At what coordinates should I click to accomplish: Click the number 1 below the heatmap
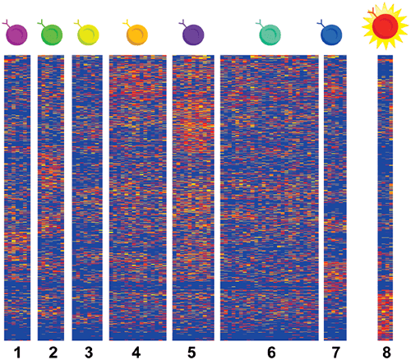pos(16,352)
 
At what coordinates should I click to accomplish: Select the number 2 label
pos(53,352)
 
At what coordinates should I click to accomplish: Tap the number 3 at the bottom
pos(87,352)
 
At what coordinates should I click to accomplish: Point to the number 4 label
pos(136,352)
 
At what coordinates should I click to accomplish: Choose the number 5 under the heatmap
pos(192,352)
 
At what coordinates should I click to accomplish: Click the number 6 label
pos(270,352)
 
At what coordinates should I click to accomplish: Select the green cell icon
pos(51,35)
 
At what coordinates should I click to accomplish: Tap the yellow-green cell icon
pos(86,35)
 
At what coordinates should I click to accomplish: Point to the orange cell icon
pos(136,35)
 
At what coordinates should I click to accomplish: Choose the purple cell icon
pos(192,35)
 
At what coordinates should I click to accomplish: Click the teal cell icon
pos(270,35)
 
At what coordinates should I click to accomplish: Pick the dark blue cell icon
pos(331,35)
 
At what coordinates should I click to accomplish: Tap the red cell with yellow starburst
pos(385,26)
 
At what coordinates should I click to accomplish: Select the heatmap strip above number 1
pos(16,197)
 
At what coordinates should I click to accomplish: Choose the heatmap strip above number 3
pos(87,197)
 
